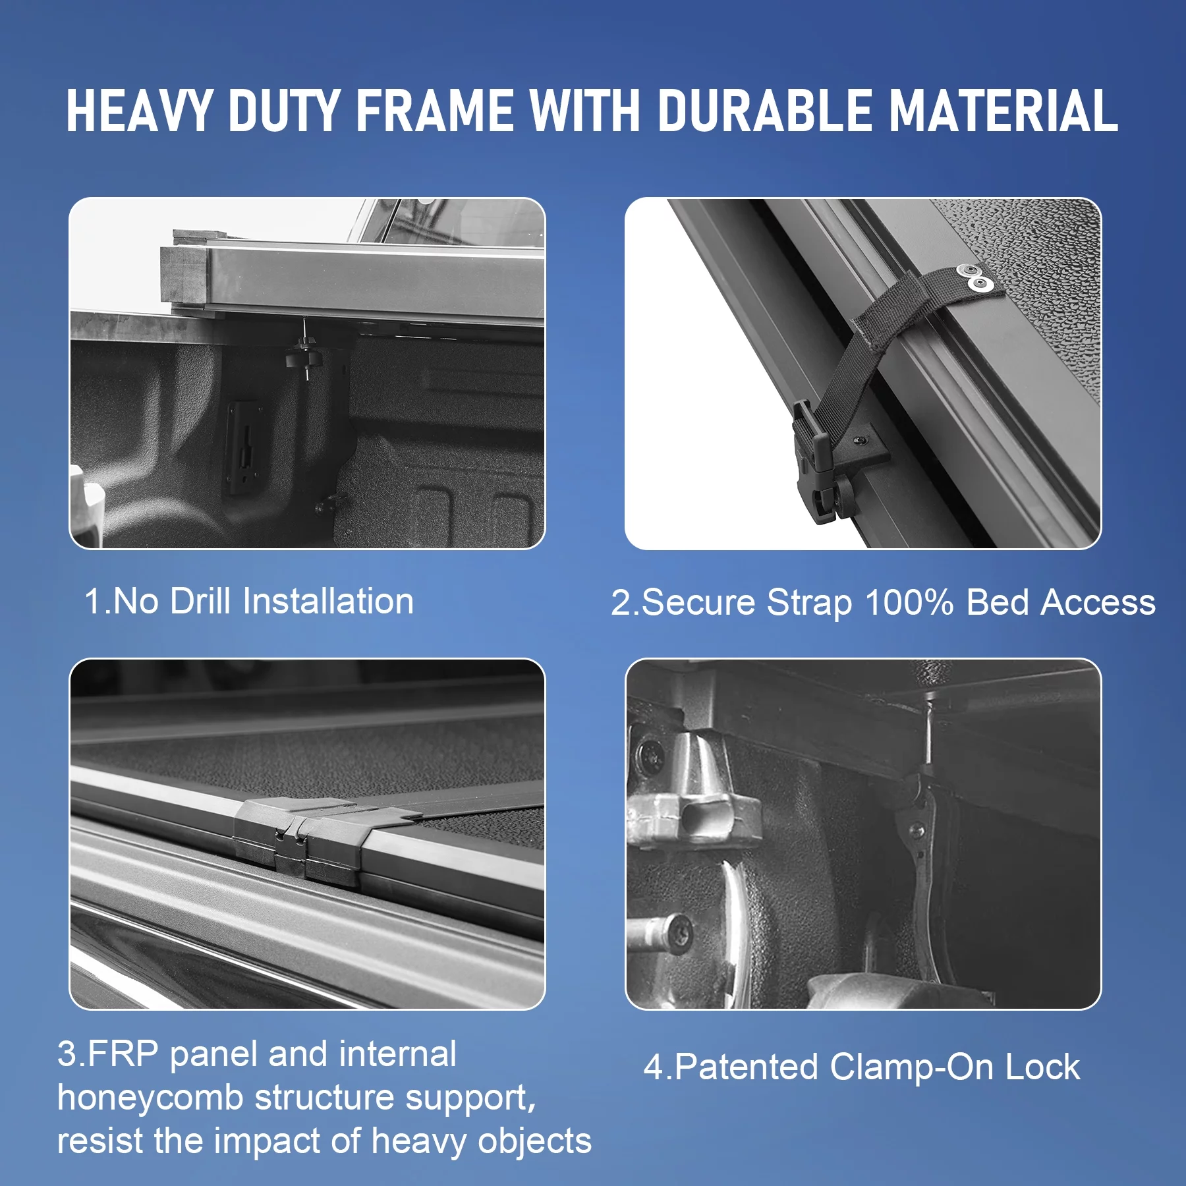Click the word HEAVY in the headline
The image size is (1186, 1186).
(x=139, y=111)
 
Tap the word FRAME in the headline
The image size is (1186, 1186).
(x=435, y=111)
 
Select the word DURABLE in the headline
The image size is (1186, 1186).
(x=765, y=111)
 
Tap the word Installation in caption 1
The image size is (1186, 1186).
(x=328, y=601)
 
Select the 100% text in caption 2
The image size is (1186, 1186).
(x=909, y=602)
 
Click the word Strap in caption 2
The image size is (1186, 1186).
(x=809, y=604)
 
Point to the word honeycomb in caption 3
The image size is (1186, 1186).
(x=150, y=1098)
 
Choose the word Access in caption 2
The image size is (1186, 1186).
(x=1098, y=602)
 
